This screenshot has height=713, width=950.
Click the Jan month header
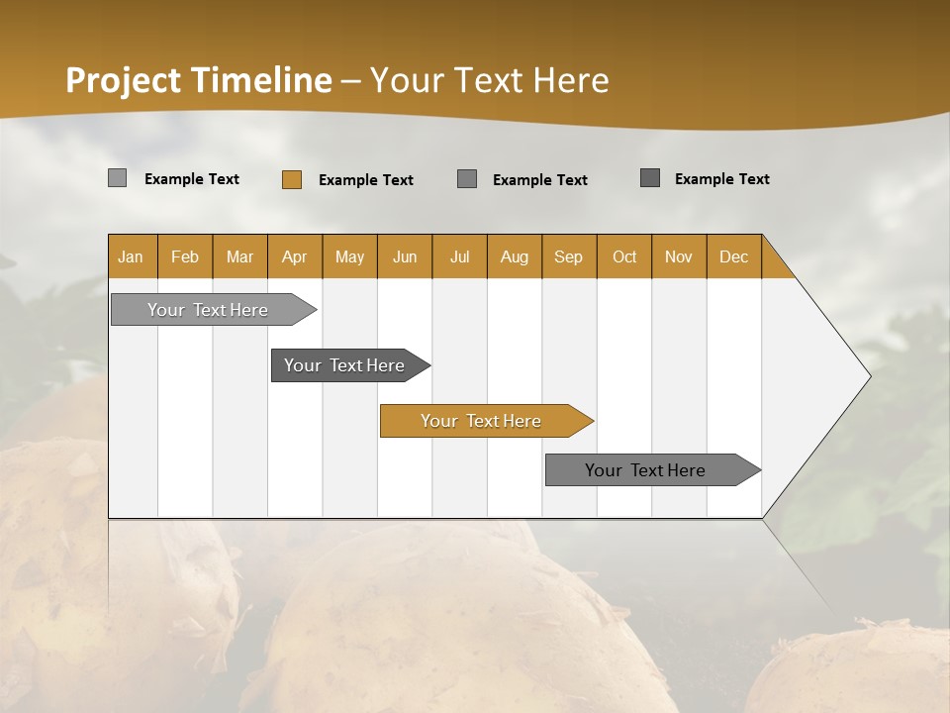click(x=132, y=256)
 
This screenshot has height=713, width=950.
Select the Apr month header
click(x=295, y=256)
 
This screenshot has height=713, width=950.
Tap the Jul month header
click(x=460, y=256)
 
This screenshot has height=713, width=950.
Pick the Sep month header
click(x=569, y=256)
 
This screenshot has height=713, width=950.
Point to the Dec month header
click(x=734, y=256)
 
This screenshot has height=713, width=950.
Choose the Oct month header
click(x=624, y=256)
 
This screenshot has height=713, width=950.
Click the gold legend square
click(x=291, y=179)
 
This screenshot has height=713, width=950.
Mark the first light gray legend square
click(x=117, y=178)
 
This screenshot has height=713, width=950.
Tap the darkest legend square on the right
click(x=650, y=178)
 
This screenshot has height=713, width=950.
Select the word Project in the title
click(x=124, y=80)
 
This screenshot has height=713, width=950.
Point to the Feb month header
click(x=185, y=256)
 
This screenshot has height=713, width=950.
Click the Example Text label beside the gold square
click(x=366, y=180)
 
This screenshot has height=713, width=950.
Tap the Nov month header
click(x=679, y=256)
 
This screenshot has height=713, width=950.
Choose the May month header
click(x=349, y=256)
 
